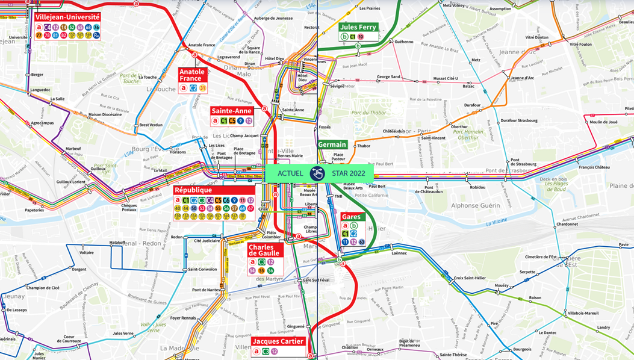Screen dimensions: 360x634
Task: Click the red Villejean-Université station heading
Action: [x=67, y=17]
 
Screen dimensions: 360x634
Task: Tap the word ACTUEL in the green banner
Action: [x=290, y=174]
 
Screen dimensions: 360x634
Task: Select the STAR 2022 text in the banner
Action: [x=348, y=174]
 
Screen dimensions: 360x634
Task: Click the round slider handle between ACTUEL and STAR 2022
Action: [x=317, y=174]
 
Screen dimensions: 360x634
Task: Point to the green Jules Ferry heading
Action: [x=358, y=27]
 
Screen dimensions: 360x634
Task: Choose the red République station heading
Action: [x=193, y=190]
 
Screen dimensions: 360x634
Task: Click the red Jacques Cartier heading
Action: [x=278, y=341]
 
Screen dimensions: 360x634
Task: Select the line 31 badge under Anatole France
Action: [x=203, y=88]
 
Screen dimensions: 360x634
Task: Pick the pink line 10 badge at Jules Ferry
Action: [x=361, y=37]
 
